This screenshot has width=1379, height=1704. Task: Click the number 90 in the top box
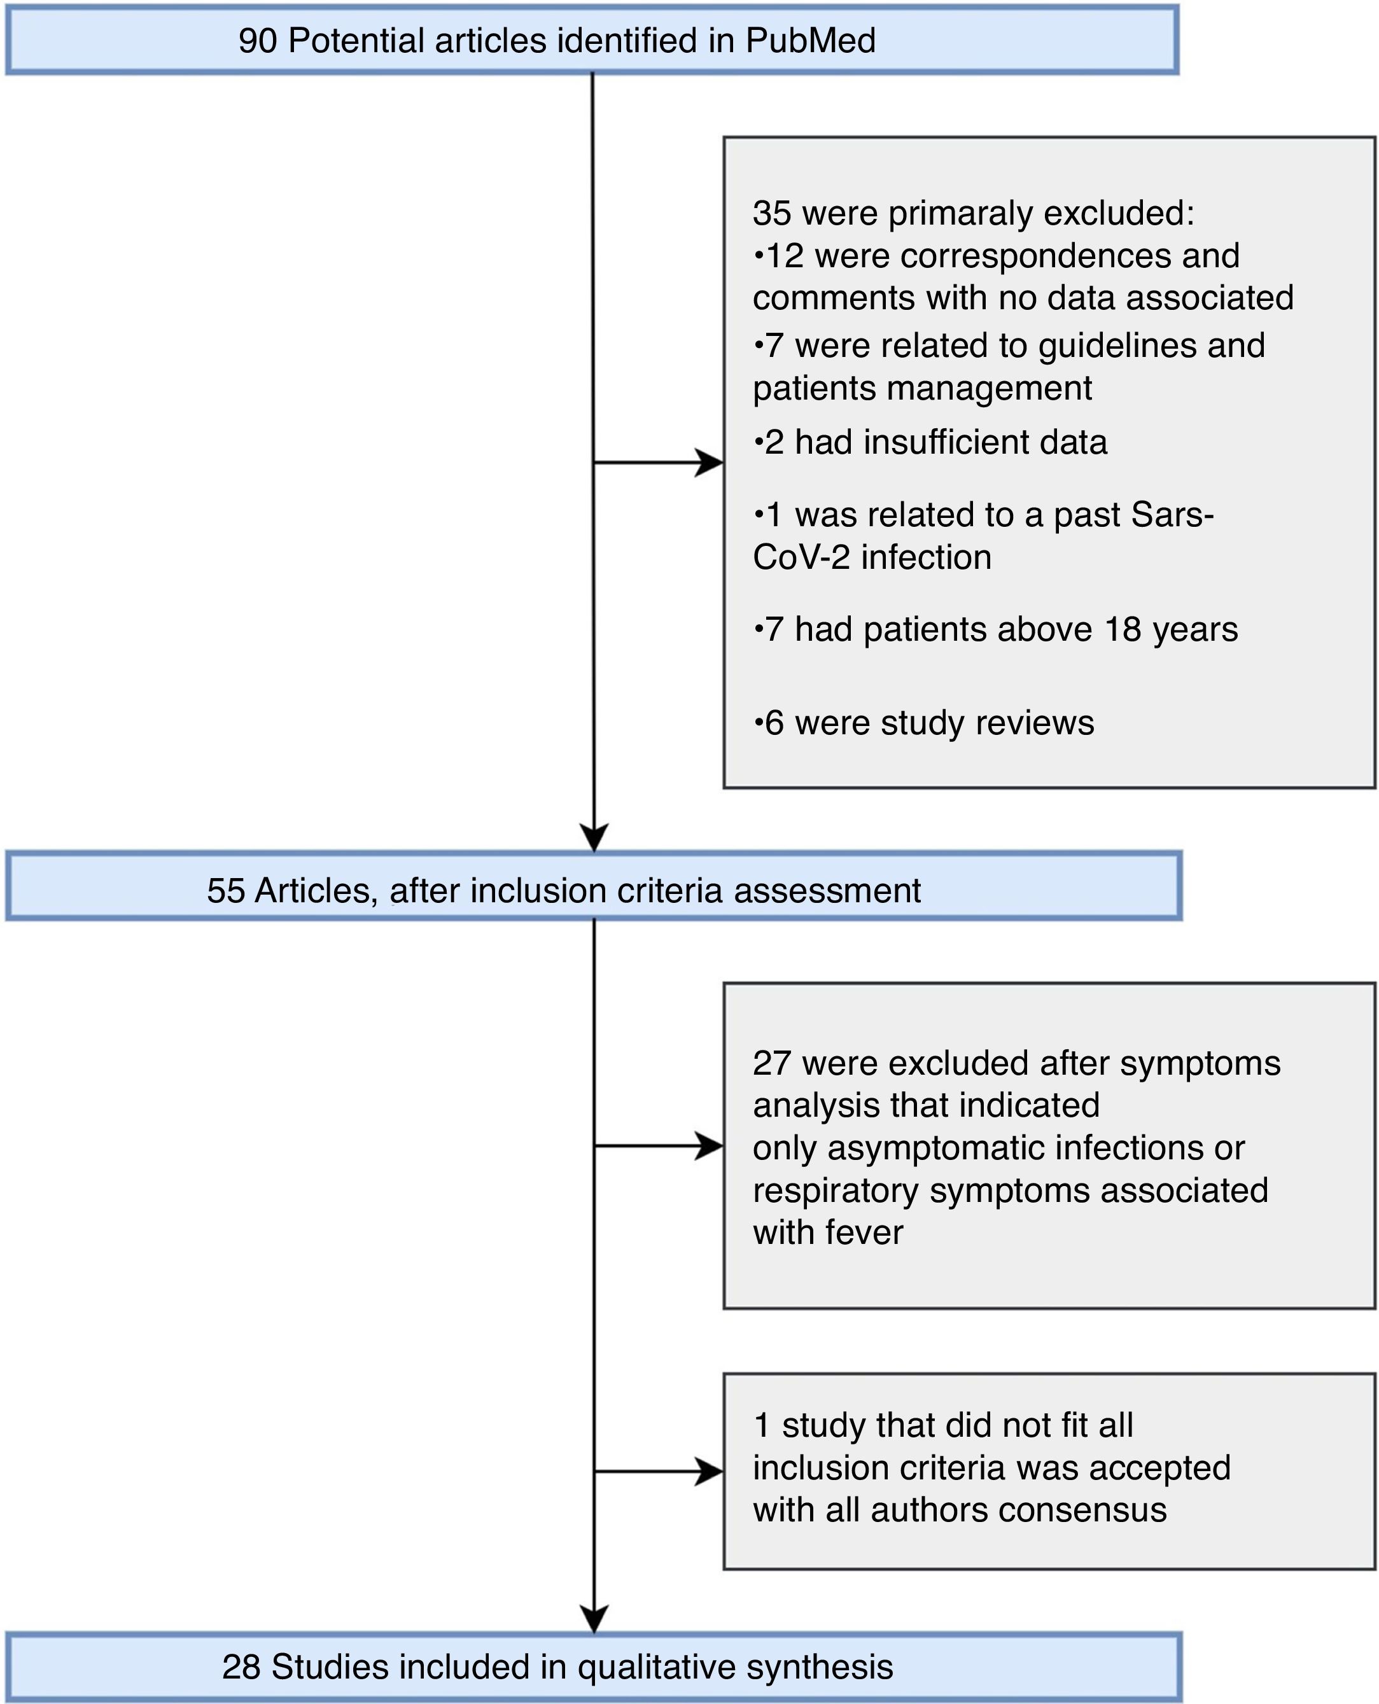257,41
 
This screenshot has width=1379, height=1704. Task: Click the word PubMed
810,41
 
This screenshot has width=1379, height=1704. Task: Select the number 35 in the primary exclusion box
771,213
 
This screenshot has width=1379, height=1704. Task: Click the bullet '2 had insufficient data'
930,442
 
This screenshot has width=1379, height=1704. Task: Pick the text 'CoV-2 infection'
872,557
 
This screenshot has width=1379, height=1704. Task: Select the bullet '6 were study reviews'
924,723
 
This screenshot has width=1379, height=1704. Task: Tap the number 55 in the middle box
226,891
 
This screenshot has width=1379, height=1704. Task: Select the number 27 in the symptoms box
771,1063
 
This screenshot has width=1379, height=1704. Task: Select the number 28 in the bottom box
241,1668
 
